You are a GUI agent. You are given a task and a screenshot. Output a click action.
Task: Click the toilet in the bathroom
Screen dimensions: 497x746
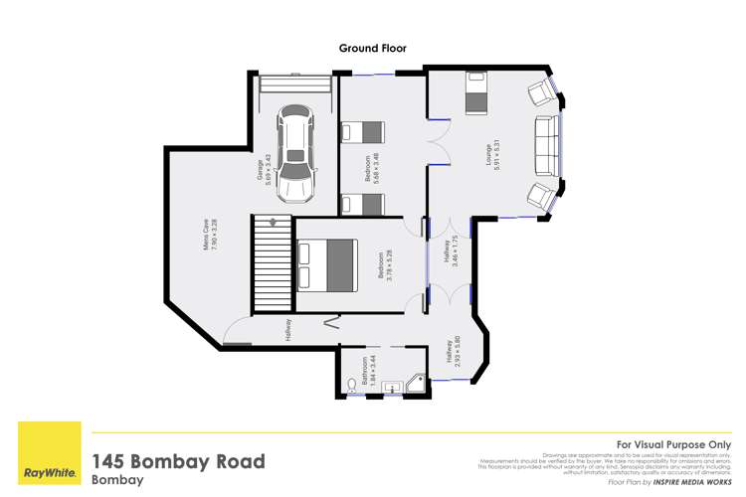pos(352,385)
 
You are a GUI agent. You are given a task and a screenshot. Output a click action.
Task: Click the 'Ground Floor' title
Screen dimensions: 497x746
pos(373,47)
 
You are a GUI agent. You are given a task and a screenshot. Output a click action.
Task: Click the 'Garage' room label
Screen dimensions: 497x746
pos(260,170)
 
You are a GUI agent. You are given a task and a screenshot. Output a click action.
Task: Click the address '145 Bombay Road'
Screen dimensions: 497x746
pos(178,461)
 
